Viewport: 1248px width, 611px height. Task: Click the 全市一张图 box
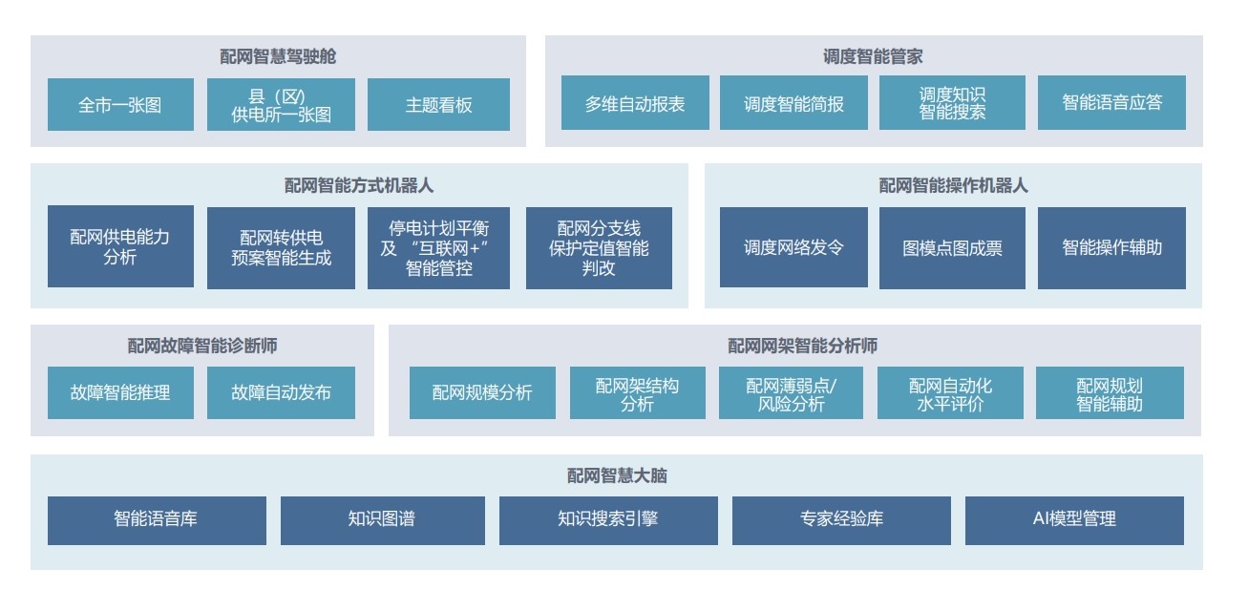[x=120, y=104]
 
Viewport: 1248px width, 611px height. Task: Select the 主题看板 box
[x=438, y=104]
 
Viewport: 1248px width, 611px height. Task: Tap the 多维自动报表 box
[x=635, y=102]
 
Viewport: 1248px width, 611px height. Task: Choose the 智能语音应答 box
[x=1111, y=102]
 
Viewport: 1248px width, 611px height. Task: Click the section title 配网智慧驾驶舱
[x=278, y=56]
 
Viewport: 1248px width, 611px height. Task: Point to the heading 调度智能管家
[x=873, y=56]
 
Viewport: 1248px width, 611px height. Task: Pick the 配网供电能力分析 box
[x=120, y=246]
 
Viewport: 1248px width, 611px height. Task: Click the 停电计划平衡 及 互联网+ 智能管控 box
[x=438, y=247]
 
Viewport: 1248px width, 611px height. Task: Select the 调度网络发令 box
[x=793, y=247]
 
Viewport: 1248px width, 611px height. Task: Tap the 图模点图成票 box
[x=952, y=247]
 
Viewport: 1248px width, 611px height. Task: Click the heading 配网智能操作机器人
[x=953, y=185]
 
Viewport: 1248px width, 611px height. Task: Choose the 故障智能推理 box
[x=120, y=392]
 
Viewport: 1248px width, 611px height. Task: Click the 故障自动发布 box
[x=281, y=392]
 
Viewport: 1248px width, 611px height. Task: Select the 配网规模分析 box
[x=482, y=392]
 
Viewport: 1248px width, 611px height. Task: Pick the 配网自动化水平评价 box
[x=950, y=392]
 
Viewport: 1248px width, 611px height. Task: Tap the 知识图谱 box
[x=382, y=519]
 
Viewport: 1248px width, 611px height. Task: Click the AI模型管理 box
[x=1074, y=519]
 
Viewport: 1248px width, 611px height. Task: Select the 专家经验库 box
[x=841, y=519]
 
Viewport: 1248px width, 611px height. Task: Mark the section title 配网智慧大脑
[x=616, y=475]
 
